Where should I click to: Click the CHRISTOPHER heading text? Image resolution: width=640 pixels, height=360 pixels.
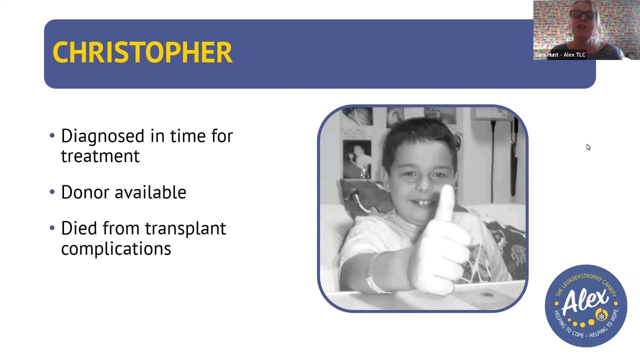pyautogui.click(x=142, y=52)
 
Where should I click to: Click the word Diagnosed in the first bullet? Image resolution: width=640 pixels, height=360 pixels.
pyautogui.click(x=102, y=136)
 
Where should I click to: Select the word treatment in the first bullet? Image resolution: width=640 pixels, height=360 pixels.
pyautogui.click(x=100, y=156)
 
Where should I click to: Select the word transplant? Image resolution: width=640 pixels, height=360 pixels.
pyautogui.click(x=185, y=228)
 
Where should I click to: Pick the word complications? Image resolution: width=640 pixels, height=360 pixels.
pyautogui.click(x=116, y=248)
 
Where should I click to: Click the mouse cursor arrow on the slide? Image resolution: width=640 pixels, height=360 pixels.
pyautogui.click(x=588, y=147)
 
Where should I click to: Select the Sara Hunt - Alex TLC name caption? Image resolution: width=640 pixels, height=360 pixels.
pyautogui.click(x=559, y=55)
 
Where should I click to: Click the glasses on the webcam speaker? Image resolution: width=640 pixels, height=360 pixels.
pyautogui.click(x=582, y=15)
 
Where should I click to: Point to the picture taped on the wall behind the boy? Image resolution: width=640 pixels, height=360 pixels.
pyautogui.click(x=357, y=159)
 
